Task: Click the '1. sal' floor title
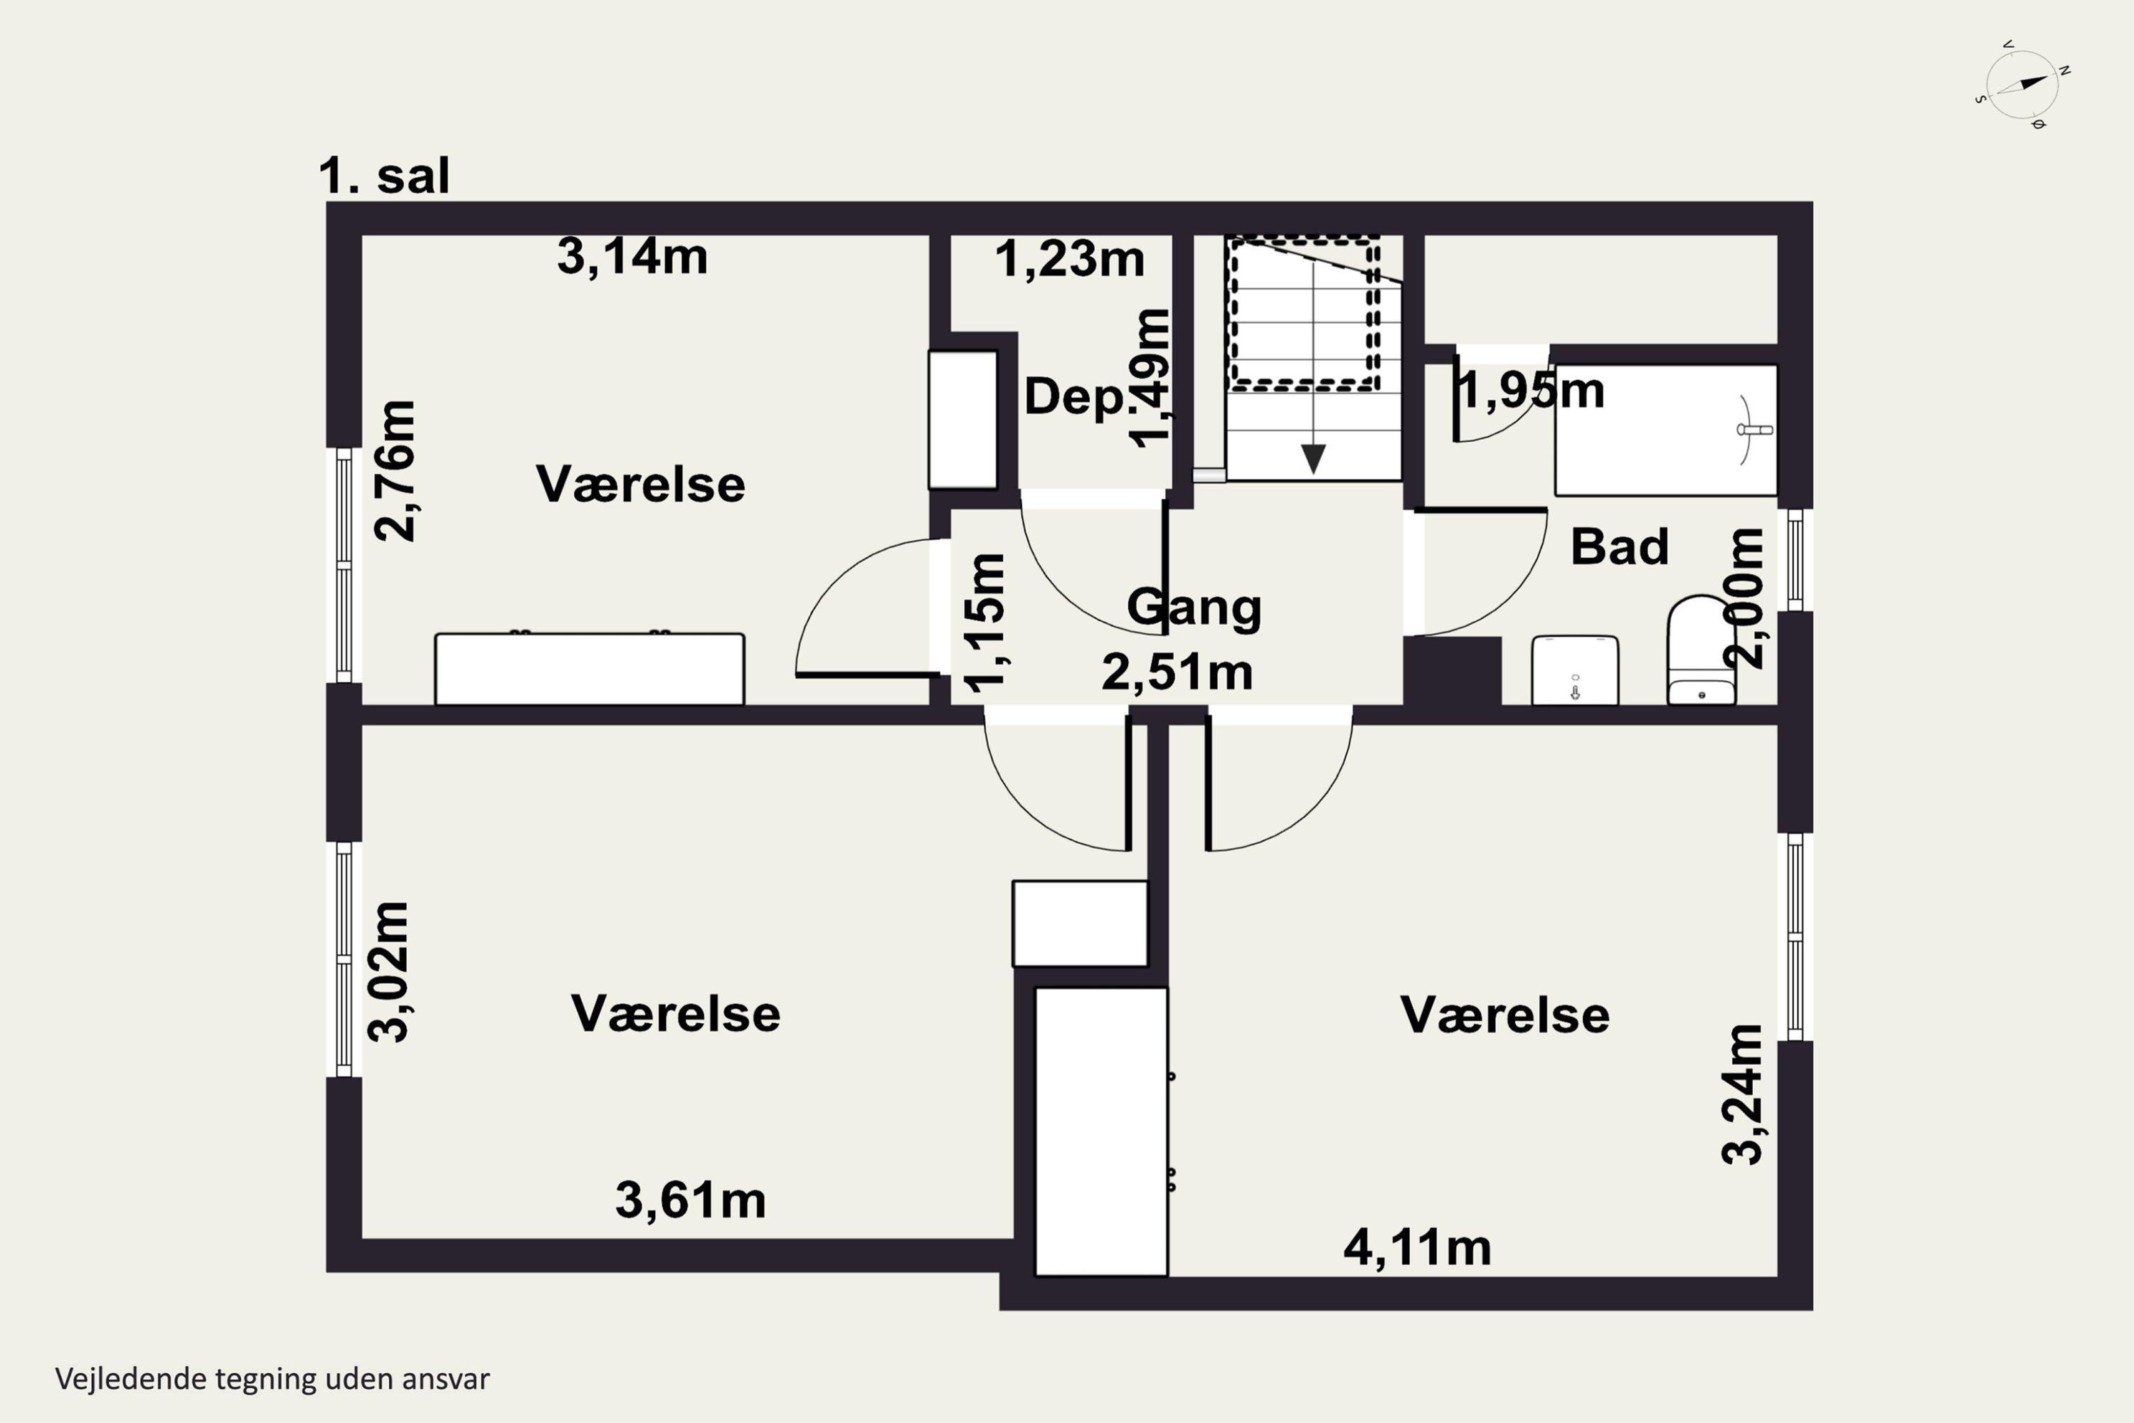pos(384,175)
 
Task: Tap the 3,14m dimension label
pos(632,256)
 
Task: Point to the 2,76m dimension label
pos(395,471)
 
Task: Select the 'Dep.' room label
pos(1074,396)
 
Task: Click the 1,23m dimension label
pos(1070,260)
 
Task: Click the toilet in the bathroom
pos(1702,650)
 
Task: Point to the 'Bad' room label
pos(1620,546)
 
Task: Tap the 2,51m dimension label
pos(1177,672)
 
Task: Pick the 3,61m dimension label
pos(691,1200)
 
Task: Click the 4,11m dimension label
pos(1417,1248)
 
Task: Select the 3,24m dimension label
pos(1742,1094)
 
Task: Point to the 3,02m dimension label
pos(388,972)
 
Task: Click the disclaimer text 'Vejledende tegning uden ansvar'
pos(272,1380)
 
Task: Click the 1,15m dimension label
pos(984,623)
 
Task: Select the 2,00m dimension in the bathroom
pos(1743,599)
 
